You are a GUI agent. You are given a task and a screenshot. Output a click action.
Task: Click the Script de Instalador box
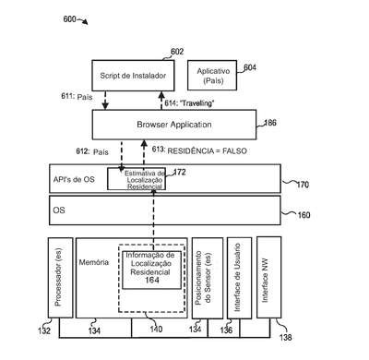click(x=133, y=76)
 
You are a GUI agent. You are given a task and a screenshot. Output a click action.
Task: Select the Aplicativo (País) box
click(x=212, y=75)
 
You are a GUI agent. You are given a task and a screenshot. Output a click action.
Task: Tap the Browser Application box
click(x=174, y=125)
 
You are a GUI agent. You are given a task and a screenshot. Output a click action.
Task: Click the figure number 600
click(x=69, y=19)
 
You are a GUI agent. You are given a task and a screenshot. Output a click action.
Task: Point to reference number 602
click(x=177, y=52)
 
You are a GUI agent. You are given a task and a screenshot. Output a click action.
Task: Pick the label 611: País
click(x=77, y=96)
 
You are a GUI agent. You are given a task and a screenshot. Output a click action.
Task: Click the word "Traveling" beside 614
click(x=196, y=103)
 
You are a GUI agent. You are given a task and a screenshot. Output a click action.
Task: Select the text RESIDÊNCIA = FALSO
click(x=207, y=151)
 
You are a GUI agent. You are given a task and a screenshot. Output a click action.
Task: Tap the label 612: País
click(x=92, y=151)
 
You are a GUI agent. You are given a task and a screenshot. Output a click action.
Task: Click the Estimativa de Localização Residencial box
click(x=137, y=179)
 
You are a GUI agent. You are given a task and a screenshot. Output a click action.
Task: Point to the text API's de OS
click(x=74, y=179)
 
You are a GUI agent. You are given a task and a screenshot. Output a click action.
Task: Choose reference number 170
click(x=303, y=185)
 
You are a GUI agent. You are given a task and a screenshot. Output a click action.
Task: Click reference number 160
click(x=304, y=215)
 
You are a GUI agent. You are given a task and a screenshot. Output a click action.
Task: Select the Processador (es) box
click(x=61, y=278)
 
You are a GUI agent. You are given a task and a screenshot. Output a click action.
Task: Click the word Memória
click(x=94, y=262)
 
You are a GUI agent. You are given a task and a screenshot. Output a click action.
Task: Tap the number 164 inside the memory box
click(x=152, y=280)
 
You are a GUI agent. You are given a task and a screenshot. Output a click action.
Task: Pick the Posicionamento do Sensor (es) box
click(x=208, y=278)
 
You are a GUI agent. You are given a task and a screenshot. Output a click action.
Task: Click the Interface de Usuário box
click(x=239, y=278)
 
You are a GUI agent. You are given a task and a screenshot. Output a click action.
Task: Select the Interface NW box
click(x=268, y=277)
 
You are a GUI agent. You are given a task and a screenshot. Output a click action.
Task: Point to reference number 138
click(x=285, y=337)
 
